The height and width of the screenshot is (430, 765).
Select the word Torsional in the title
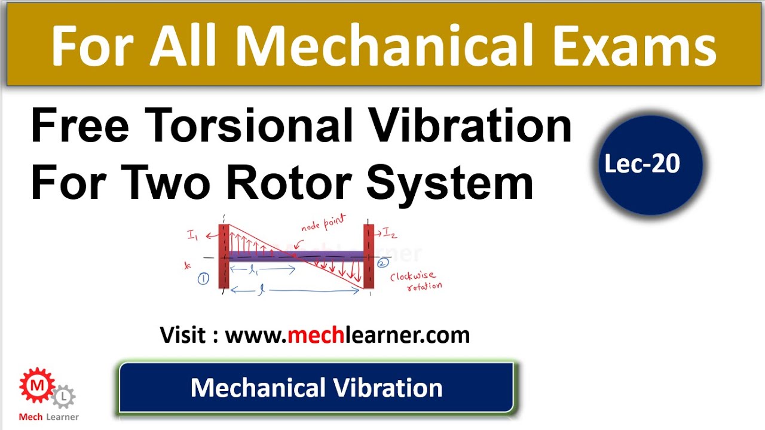(253, 127)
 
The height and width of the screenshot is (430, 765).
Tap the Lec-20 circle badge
(642, 165)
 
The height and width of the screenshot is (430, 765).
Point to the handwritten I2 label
(390, 232)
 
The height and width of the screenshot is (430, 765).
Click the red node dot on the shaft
(295, 256)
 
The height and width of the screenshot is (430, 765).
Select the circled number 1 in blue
(203, 279)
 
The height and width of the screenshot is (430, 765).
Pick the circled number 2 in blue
(382, 262)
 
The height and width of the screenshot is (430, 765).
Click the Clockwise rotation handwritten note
(414, 281)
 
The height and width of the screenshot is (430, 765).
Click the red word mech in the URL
(315, 335)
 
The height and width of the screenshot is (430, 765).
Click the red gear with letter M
(37, 386)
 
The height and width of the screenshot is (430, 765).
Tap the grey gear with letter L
(63, 397)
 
